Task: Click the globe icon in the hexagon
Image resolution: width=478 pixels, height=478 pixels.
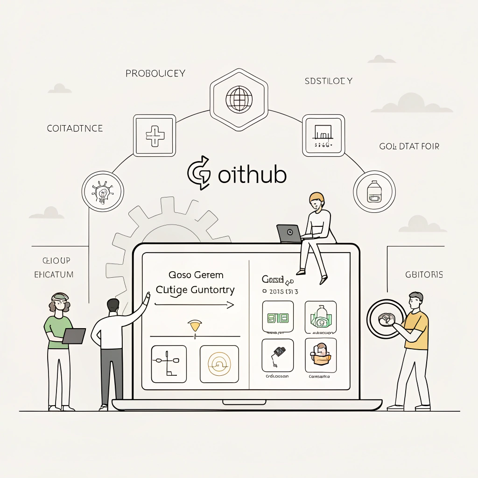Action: point(239,98)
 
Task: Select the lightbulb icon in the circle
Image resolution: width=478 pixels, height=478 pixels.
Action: point(103,191)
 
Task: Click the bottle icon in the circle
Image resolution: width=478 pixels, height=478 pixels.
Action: point(374,192)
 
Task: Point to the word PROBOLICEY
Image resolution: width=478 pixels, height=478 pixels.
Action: point(155,73)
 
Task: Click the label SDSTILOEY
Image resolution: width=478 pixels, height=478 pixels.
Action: point(329,81)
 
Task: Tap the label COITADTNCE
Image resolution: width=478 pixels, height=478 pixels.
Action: point(75,128)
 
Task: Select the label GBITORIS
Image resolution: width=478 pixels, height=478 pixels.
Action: point(424,274)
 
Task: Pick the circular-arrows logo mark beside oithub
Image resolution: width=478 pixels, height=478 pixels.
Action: point(199,173)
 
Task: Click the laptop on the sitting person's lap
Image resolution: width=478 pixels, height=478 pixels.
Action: point(289,233)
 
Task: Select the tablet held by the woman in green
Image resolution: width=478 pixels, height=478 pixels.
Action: point(74,336)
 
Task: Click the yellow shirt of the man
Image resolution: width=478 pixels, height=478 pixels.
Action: point(417,330)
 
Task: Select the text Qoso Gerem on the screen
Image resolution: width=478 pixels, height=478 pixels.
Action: point(196,274)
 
